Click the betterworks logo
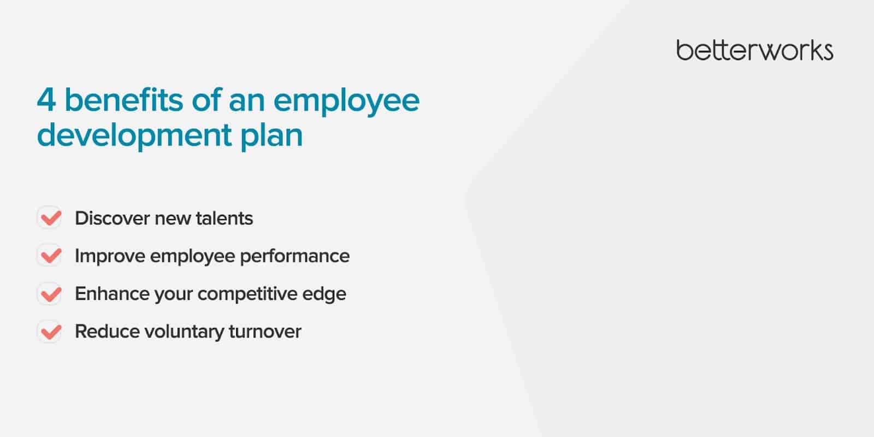point(754,50)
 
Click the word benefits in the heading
point(123,99)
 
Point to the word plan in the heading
point(271,137)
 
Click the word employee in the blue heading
point(346,102)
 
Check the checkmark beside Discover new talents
point(51,218)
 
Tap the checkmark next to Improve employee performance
point(51,256)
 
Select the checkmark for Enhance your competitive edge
point(51,293)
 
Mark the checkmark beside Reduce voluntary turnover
point(51,332)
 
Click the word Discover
point(113,218)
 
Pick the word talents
point(225,218)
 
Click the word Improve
point(110,257)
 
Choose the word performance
point(294,257)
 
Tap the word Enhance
point(112,294)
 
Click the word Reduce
point(107,332)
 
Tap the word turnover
point(265,332)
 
